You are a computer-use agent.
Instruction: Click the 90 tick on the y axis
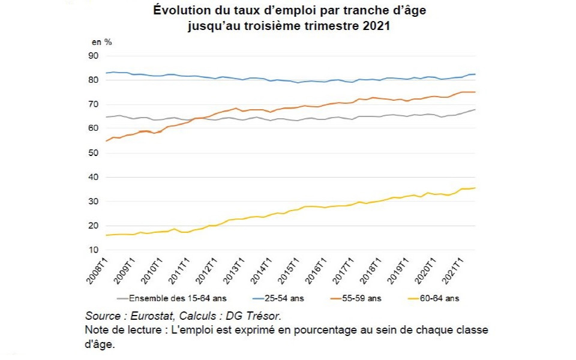(93, 56)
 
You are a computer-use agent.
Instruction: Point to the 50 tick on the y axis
(93, 153)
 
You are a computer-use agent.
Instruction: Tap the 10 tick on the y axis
(93, 250)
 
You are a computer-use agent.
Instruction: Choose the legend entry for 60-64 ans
(437, 298)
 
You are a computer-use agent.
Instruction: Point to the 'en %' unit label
(101, 42)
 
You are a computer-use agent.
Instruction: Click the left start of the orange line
(106, 141)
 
